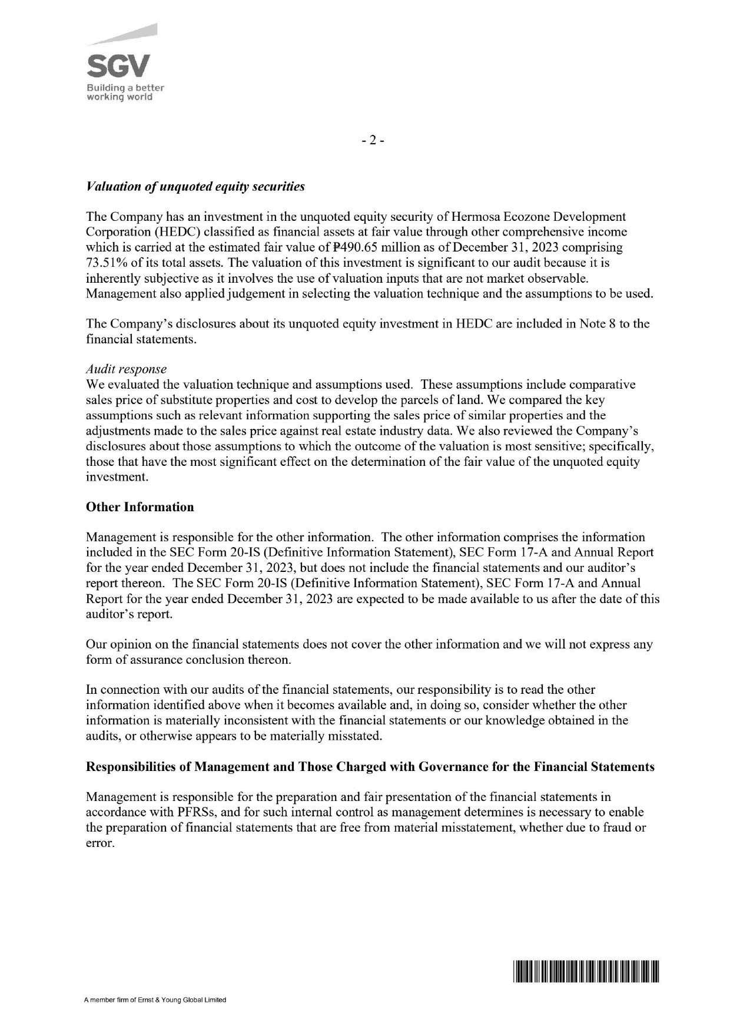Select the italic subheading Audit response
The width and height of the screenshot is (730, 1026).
pos(126,369)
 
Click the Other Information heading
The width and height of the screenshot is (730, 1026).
pos(140,507)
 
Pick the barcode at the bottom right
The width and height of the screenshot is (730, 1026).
pos(586,971)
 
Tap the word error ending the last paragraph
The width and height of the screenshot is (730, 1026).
pos(98,843)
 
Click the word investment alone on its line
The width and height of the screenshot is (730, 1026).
pos(115,476)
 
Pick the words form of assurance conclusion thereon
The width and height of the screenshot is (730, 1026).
pos(188,659)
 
